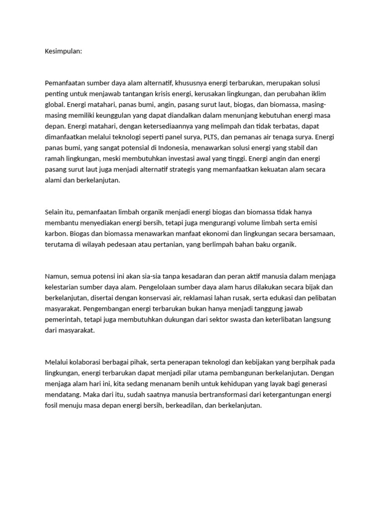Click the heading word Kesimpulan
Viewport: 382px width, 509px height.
[x=63, y=51]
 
